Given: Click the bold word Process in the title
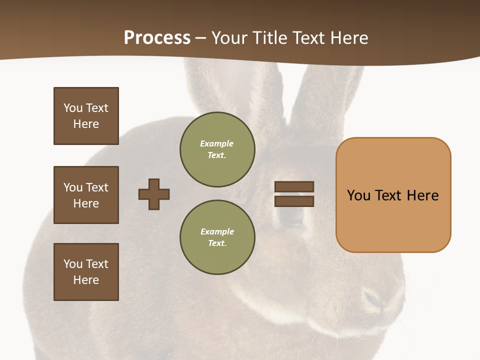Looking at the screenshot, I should coord(157,38).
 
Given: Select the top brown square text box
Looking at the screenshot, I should coord(86,116).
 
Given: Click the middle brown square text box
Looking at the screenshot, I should coord(86,195).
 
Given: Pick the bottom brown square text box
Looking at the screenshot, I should coord(86,272).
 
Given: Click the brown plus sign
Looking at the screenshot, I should coord(154,194).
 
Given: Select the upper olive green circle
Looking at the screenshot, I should coord(217,149).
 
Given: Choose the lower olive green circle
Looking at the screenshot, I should coord(217,237).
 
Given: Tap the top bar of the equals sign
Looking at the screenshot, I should coord(294,186).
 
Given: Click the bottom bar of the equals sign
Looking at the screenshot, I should coord(294,201).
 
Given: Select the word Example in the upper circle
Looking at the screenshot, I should coord(217,143).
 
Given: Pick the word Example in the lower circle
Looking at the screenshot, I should coord(217,231).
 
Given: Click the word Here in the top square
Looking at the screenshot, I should coord(86,124).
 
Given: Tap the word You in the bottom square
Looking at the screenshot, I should coord(72,264).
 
